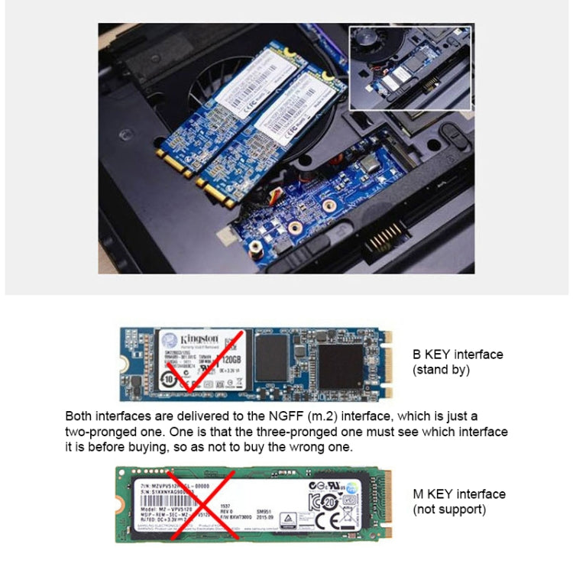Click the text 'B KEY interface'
point(458,354)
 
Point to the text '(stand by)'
point(441,370)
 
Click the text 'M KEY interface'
point(458,494)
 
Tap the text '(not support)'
point(449,509)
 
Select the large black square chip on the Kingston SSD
point(340,366)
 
